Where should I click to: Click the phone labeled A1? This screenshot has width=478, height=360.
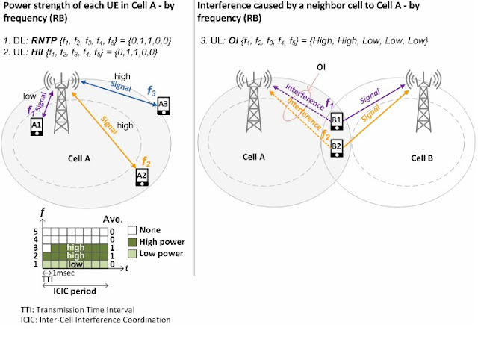[36, 127]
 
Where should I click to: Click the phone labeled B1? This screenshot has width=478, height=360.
[336, 120]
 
